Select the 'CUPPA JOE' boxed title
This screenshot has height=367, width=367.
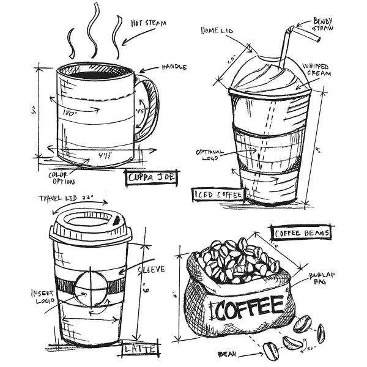tap(150, 178)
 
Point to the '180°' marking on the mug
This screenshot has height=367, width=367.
tap(69, 113)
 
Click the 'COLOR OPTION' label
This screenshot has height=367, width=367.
tap(62, 178)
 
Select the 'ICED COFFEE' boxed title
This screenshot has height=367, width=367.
tap(218, 195)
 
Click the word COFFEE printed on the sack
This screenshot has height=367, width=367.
tap(247, 306)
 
